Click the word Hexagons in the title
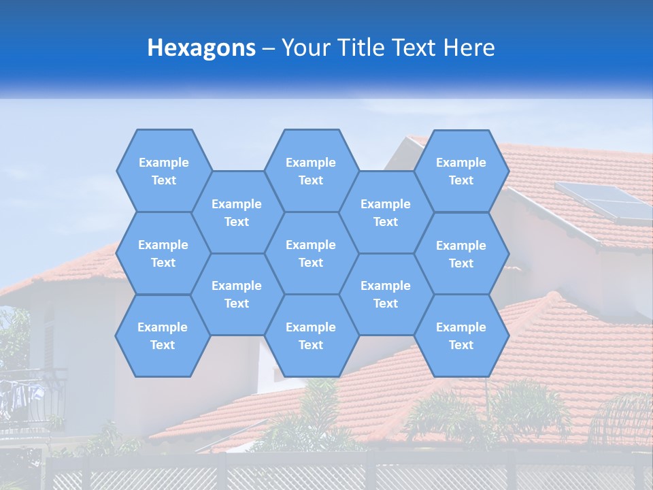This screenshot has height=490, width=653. point(201,48)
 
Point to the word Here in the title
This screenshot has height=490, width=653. point(469,48)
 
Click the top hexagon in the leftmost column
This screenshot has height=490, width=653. point(163,171)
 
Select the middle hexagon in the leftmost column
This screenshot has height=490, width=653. point(163,253)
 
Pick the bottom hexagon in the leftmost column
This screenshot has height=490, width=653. point(163,336)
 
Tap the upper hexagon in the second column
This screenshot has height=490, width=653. point(237,212)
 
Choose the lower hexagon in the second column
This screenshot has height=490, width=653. point(237,294)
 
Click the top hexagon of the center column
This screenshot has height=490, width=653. point(311,171)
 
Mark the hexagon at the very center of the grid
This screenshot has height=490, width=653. point(311,253)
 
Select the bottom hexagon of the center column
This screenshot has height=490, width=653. point(311,336)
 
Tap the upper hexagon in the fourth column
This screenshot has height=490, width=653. point(386,212)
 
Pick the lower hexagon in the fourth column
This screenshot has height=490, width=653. point(386,294)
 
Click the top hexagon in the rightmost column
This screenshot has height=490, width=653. point(461,171)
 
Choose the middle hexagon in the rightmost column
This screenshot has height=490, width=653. point(461,254)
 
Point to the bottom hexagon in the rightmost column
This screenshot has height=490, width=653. point(461,336)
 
